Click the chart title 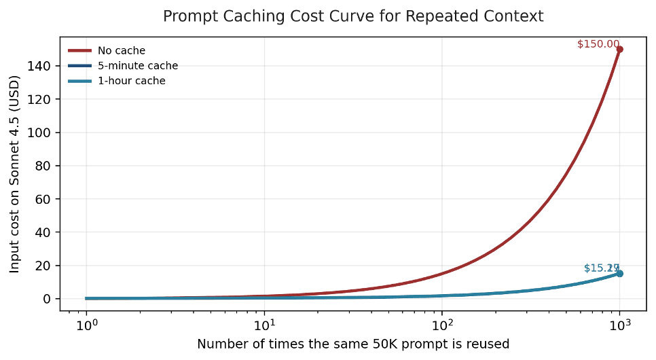click(353, 16)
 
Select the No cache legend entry click(121, 50)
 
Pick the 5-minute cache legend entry click(137, 66)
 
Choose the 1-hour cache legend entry click(131, 81)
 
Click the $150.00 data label click(598, 44)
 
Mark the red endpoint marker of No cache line click(619, 49)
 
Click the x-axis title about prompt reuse click(353, 344)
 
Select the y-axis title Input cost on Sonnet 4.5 click(15, 174)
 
